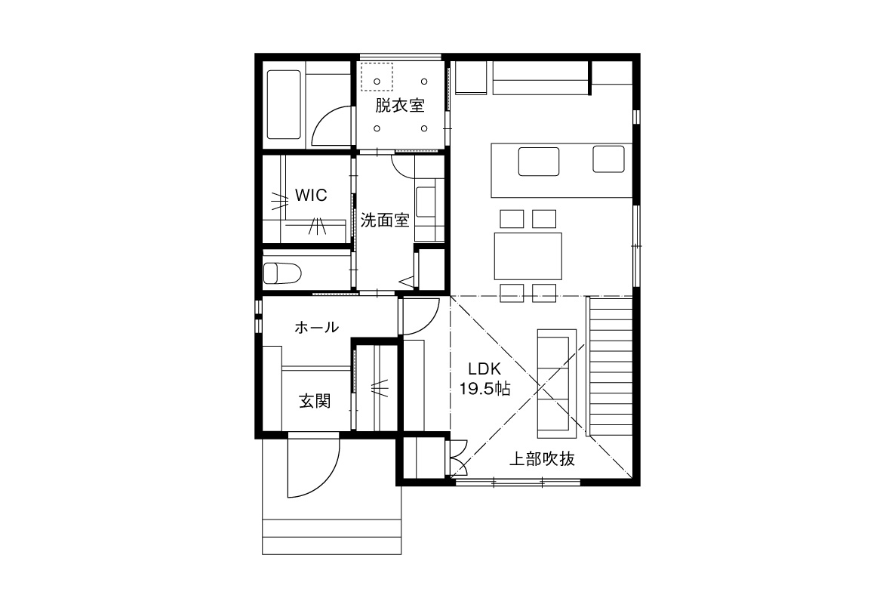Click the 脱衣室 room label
point(400,105)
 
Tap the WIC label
point(311,196)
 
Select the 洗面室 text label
point(385,220)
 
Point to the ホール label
point(316,327)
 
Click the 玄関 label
point(315,401)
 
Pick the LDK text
point(484,368)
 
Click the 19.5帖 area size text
point(484,389)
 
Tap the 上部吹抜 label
point(542,458)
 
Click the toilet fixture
point(281,273)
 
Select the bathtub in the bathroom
point(284,105)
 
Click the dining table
point(528,256)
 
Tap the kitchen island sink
point(539,161)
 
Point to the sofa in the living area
point(557,384)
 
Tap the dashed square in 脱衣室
point(377,77)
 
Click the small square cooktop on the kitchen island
point(608,159)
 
